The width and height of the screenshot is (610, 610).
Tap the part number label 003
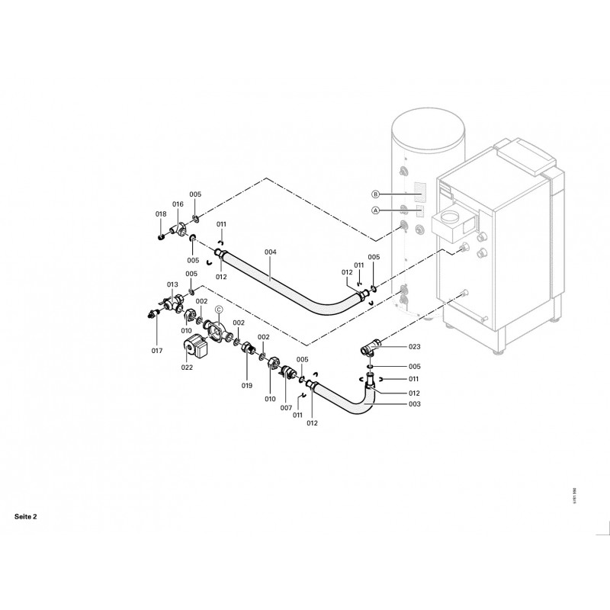coord(393,403)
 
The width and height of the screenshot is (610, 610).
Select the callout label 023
coord(393,346)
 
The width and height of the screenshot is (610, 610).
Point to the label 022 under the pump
coord(188,368)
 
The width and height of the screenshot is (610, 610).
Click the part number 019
coord(247,386)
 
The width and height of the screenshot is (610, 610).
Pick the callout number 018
coord(161,214)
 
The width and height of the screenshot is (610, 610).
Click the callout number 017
coord(157,351)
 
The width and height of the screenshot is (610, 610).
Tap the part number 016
coord(178,204)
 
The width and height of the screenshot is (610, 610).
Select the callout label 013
coord(172,284)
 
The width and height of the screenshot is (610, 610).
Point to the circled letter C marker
coord(218,310)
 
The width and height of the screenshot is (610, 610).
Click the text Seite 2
coord(25,516)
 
